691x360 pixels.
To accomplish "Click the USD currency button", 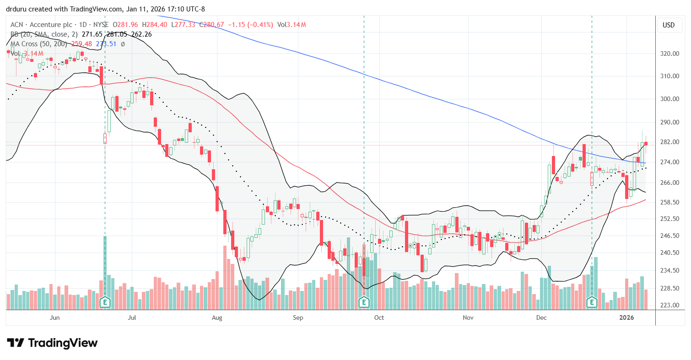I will [x=669, y=25].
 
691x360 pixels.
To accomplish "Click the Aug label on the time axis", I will [x=217, y=317].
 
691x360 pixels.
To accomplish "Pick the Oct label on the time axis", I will [x=378, y=317].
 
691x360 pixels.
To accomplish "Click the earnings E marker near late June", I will [x=105, y=302].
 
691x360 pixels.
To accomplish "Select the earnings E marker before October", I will [x=364, y=302].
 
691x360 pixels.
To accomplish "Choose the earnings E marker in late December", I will [x=592, y=302].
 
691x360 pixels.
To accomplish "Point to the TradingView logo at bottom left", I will [x=52, y=343].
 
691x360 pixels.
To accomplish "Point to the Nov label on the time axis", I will [x=468, y=317].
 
